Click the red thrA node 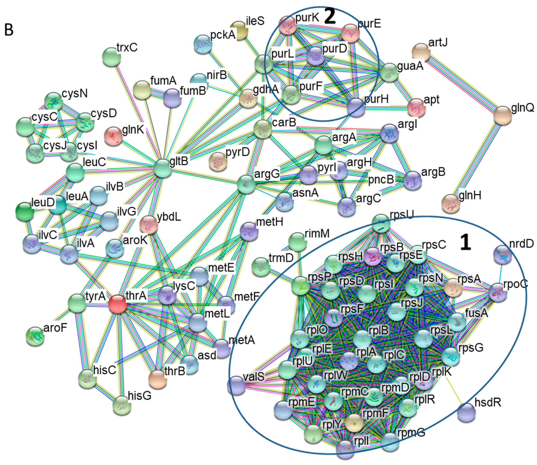pyautogui.click(x=117, y=304)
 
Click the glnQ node pyautogui.click(x=503, y=115)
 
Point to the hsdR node pyautogui.click(x=466, y=412)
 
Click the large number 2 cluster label pyautogui.click(x=330, y=17)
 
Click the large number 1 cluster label pyautogui.click(x=465, y=243)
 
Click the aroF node pyautogui.click(x=35, y=336)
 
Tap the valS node pyautogui.click(x=236, y=386)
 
